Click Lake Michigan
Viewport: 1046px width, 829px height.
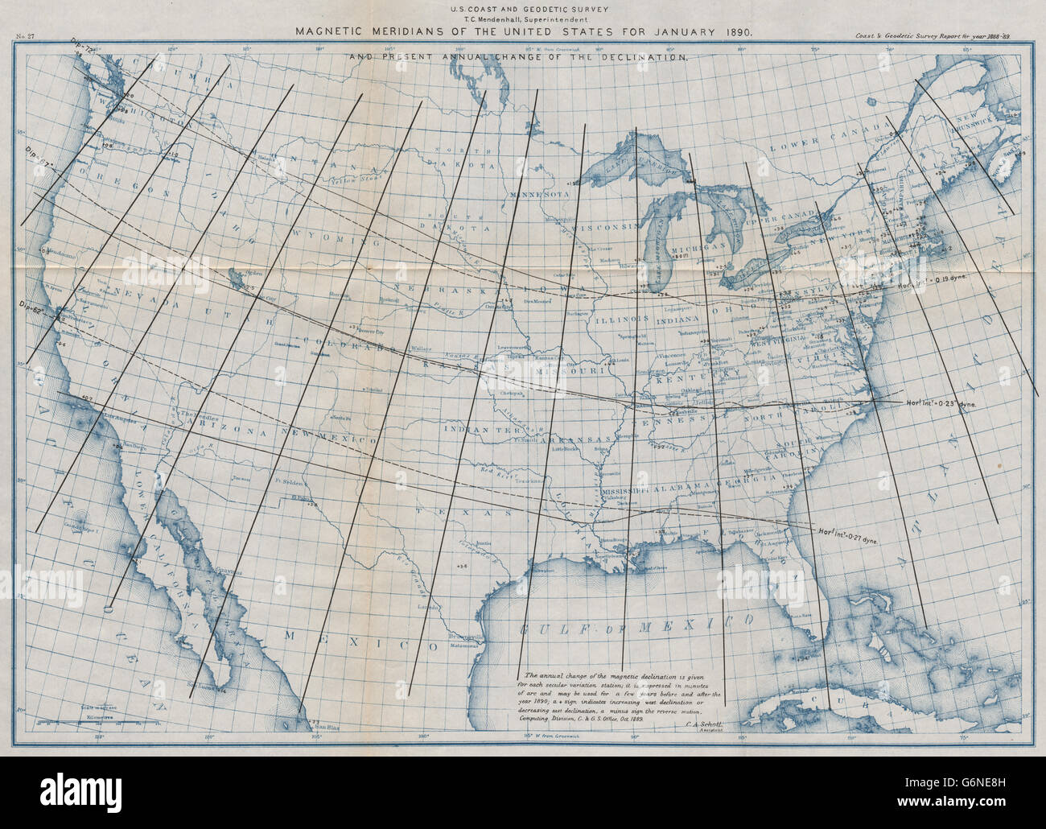pyautogui.click(x=661, y=241)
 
